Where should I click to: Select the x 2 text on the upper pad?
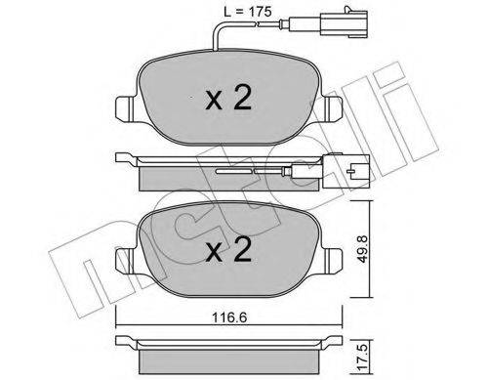pyautogui.click(x=228, y=98)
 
